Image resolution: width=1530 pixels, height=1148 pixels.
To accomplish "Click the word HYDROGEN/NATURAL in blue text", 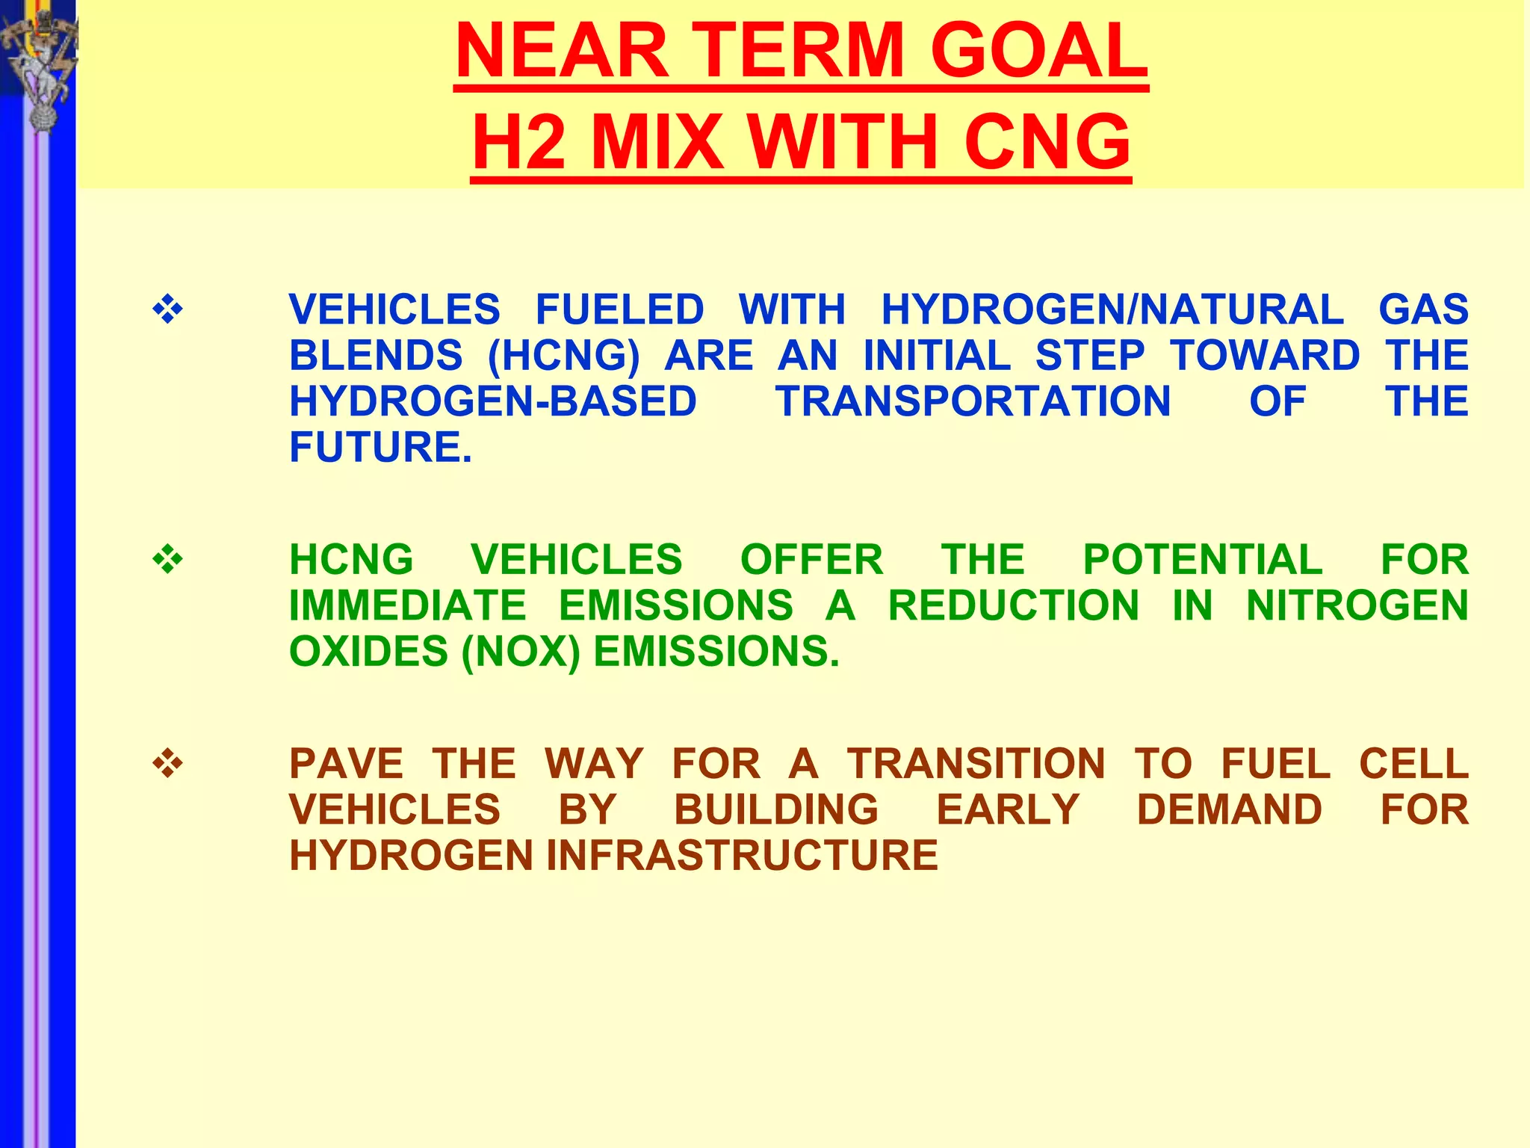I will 1112,309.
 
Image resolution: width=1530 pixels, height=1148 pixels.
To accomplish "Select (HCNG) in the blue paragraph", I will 563,356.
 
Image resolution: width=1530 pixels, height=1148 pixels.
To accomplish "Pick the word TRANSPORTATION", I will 973,401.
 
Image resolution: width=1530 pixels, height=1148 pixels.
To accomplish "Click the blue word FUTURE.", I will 380,447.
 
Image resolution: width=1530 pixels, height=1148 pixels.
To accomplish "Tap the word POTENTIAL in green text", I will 1203,560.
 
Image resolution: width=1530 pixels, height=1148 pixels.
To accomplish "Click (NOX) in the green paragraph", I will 521,652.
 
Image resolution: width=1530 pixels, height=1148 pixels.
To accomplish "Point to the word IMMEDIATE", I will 408,605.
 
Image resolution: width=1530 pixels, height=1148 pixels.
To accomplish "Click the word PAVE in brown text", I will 346,764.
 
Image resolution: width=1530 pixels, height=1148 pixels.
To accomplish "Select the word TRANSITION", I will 976,764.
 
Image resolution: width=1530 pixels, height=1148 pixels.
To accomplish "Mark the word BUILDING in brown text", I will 776,809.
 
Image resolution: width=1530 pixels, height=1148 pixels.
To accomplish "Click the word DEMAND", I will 1230,809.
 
